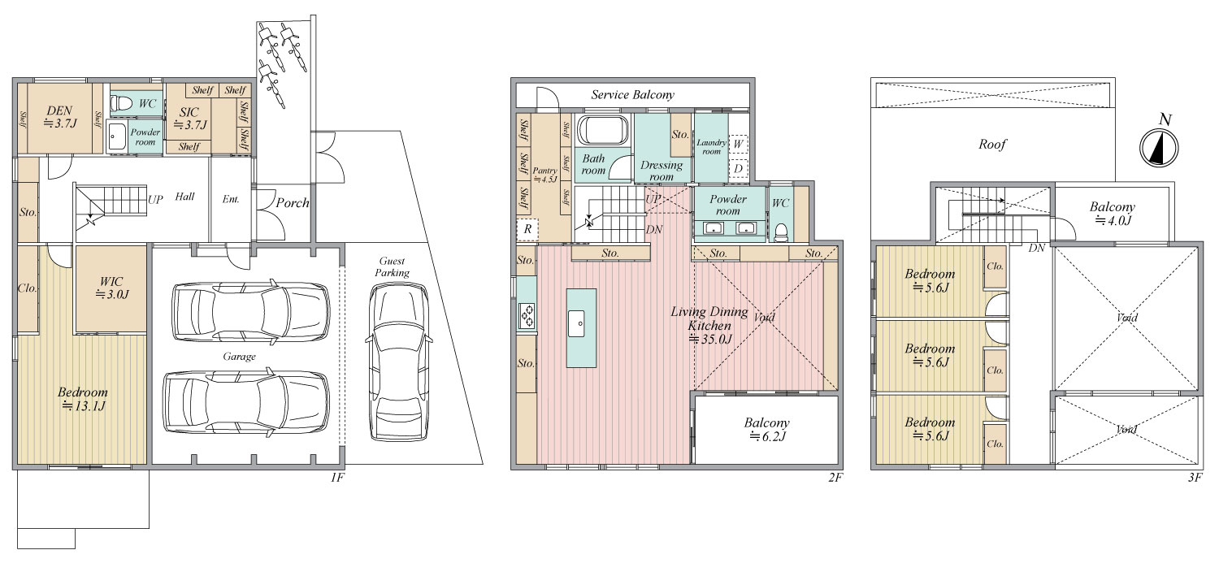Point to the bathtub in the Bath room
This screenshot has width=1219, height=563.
603,130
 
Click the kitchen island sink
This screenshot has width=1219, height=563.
577,324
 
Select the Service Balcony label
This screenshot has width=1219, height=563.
633,95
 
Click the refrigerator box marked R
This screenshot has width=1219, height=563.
527,229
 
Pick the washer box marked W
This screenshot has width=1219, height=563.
739,145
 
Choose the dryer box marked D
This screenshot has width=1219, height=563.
739,169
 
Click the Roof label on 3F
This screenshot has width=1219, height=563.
992,145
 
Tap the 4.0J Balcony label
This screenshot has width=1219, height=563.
1113,214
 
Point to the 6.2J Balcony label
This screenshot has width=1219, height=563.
767,429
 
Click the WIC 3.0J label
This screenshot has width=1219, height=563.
111,288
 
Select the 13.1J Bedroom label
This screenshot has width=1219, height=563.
83,399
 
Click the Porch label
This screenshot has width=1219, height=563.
293,203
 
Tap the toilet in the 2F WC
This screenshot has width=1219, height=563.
781,232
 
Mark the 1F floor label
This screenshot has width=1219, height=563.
337,478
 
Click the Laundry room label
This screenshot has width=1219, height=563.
711,147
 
